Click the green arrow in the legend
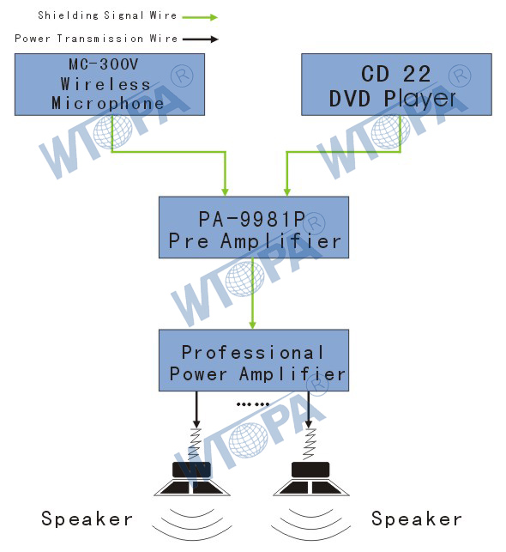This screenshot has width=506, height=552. click(200, 17)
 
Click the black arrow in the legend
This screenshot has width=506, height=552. click(201, 39)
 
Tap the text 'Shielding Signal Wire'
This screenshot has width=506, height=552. click(107, 15)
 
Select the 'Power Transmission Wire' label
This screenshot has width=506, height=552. click(96, 39)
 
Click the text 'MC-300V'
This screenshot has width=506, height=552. click(104, 64)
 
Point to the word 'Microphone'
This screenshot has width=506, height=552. click(107, 103)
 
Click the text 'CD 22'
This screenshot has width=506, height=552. click(396, 74)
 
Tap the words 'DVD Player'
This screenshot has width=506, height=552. click(393, 99)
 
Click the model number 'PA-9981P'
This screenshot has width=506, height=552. click(252, 219)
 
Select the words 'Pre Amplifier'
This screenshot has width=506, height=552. click(255, 241)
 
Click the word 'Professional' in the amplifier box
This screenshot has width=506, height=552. click(252, 352)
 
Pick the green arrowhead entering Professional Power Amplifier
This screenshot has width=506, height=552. click(252, 325)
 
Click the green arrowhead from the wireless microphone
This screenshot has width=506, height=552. click(225, 191)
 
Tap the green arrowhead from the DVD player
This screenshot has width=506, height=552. click(287, 191)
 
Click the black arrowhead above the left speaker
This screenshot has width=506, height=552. click(196, 423)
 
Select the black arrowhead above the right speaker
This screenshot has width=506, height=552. click(309, 423)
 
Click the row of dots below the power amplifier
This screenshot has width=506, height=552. click(253, 404)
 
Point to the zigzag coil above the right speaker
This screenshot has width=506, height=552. click(309, 445)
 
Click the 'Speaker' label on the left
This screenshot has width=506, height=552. click(87, 519)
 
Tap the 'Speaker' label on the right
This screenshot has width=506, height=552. click(417, 519)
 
